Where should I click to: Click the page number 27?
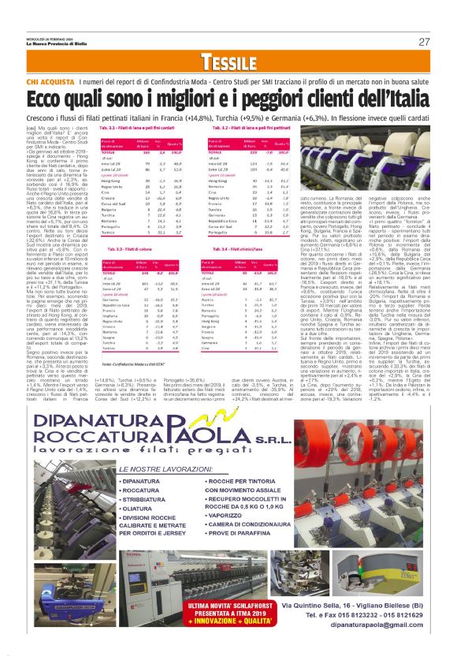424,42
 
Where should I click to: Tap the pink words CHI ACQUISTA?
52,81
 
